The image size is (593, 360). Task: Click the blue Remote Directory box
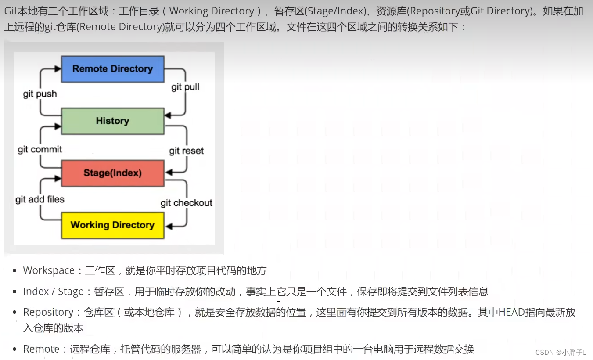113,69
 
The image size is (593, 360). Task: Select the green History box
113,121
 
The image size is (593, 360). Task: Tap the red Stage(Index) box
113,173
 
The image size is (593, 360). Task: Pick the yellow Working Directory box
113,225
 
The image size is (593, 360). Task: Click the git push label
40,94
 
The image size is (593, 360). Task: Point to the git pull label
185,87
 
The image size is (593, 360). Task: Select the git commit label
40,149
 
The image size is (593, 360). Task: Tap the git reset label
187,151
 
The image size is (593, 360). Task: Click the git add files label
40,200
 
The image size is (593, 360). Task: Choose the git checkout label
187,203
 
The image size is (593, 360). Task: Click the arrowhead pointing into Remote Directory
58,69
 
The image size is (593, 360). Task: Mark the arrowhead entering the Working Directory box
169,226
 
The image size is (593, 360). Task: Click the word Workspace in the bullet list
49,270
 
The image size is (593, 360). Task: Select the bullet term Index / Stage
54,292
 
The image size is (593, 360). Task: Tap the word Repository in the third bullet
48,312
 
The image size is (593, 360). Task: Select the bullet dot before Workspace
15,271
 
